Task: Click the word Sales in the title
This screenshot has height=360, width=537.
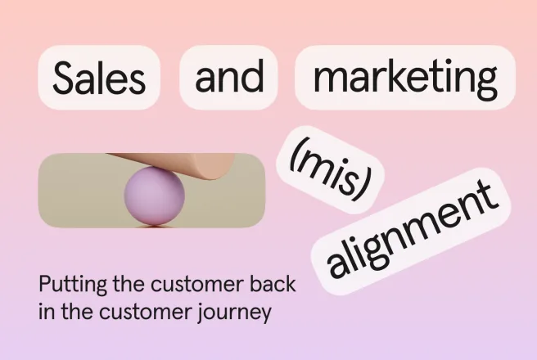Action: coord(99,78)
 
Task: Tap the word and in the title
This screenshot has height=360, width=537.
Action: coord(229,75)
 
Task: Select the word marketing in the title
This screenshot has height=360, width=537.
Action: coord(405,79)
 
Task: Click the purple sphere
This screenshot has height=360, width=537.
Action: coord(155,196)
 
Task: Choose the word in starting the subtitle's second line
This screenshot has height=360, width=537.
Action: coord(46,312)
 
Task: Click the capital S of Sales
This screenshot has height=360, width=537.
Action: coord(65,78)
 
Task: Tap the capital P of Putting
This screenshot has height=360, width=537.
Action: coord(45,284)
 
